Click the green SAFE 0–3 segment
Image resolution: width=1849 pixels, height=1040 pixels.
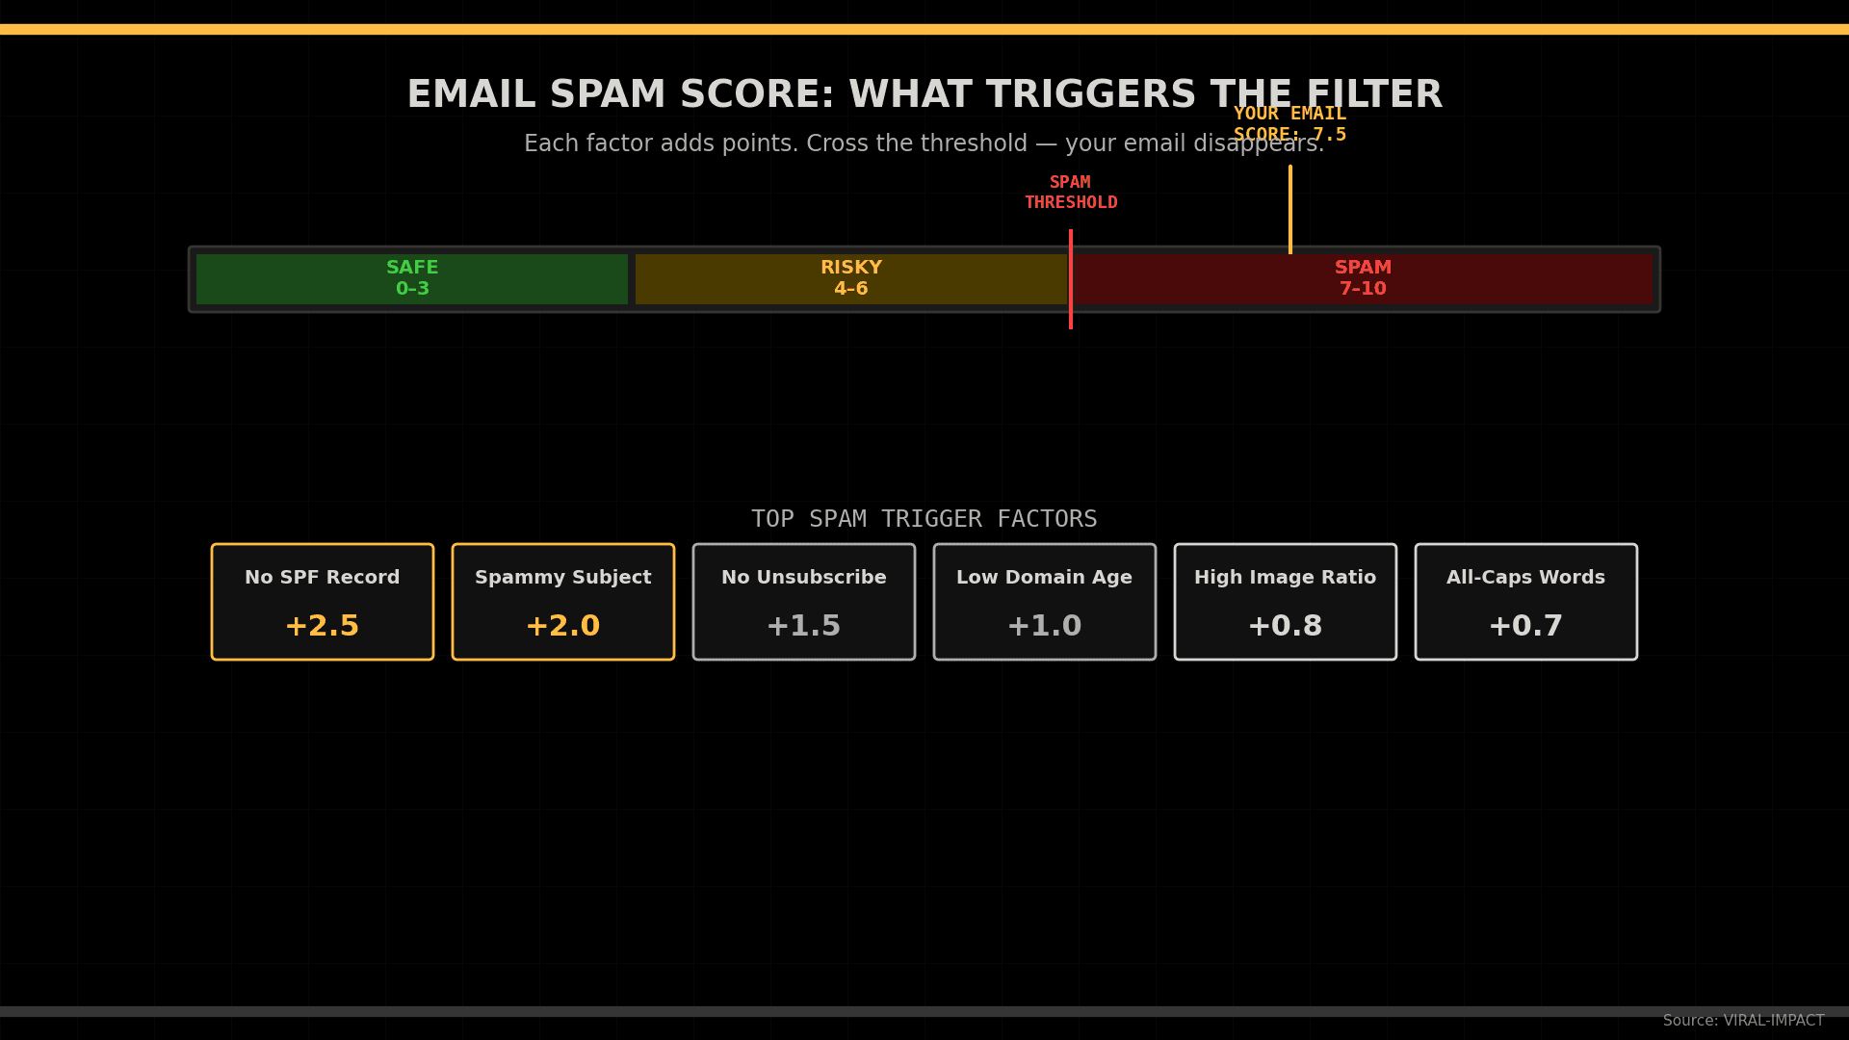pos(412,278)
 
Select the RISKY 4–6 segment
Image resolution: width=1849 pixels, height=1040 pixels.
pos(850,278)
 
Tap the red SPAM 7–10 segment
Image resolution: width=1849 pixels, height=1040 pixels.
pos(1363,278)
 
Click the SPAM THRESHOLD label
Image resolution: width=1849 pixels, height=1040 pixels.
pos(1071,193)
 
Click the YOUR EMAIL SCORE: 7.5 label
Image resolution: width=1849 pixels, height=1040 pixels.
pos(1289,124)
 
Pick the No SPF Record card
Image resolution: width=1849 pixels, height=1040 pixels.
pos(323,601)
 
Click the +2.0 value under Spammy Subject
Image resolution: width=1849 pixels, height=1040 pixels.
pos(563,626)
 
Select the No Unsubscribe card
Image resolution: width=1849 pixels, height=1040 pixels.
pos(804,601)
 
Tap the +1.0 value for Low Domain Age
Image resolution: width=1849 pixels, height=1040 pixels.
pos(1045,626)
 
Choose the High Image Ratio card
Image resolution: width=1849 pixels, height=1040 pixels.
pos(1286,601)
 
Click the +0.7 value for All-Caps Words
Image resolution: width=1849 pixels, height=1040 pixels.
pos(1526,626)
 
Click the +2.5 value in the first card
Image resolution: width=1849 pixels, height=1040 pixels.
pos(323,626)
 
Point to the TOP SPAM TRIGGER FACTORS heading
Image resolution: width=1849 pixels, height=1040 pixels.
pos(924,519)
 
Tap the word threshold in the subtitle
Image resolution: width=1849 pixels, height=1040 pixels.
pos(972,143)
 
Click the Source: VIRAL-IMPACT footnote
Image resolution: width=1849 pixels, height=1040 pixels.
pos(1743,1021)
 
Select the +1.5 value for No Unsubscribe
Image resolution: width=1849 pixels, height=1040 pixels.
pos(804,626)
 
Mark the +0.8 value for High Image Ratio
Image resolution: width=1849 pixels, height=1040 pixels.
pos(1286,626)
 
